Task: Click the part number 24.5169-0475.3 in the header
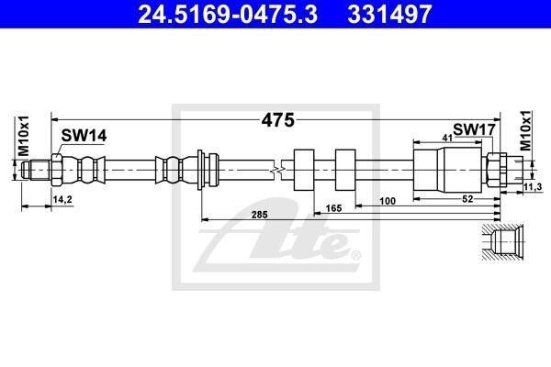click(x=228, y=14)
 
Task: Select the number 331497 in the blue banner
click(x=389, y=14)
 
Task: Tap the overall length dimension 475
click(x=277, y=120)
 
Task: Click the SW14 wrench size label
click(x=84, y=136)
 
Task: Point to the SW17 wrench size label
click(x=474, y=129)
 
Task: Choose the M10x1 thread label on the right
click(x=526, y=130)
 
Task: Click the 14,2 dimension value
click(x=62, y=199)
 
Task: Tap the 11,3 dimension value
click(x=533, y=187)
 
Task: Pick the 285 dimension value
click(x=259, y=214)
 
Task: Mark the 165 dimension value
click(x=333, y=208)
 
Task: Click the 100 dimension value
click(x=388, y=201)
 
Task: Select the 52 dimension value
click(x=467, y=199)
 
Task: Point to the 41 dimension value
click(x=447, y=138)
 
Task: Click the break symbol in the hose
click(x=277, y=171)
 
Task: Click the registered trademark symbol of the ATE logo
click(x=355, y=255)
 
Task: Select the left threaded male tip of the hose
click(x=36, y=170)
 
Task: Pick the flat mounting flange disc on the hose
click(x=200, y=170)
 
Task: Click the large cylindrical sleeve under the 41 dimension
click(x=447, y=170)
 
